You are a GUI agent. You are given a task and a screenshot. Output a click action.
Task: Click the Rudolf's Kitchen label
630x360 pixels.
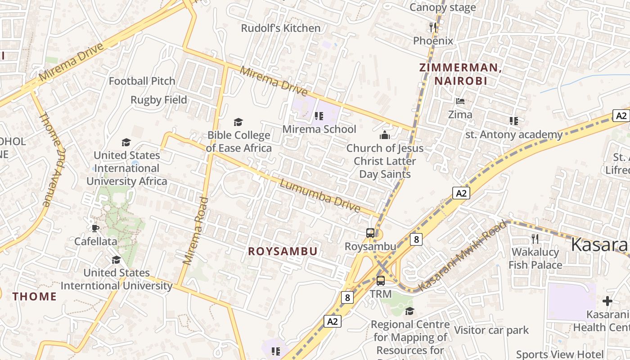pos(281,28)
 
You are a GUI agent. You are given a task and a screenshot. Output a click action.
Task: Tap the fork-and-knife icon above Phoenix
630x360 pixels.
pos(433,27)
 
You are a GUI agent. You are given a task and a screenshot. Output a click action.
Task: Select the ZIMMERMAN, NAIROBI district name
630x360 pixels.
pos(460,74)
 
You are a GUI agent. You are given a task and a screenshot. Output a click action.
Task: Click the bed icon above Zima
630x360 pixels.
pos(460,101)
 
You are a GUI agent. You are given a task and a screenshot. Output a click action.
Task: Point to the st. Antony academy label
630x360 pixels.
pos(513,135)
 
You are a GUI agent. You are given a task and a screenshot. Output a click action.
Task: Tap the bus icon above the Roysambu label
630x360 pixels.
pos(370,233)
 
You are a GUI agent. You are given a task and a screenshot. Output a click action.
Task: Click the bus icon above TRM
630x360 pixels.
pos(381,281)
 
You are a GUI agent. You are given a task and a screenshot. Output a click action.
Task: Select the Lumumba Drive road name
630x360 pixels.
pos(320,196)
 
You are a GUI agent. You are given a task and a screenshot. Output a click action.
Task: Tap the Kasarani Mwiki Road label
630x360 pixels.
pos(462,255)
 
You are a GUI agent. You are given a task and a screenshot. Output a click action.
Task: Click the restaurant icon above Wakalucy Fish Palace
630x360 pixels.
pos(535,238)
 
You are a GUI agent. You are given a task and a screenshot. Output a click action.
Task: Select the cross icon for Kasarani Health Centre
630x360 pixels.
pos(607,301)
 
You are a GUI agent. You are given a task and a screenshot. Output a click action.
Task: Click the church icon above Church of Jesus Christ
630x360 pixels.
pos(385,135)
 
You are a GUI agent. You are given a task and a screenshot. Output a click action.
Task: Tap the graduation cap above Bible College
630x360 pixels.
pos(238,122)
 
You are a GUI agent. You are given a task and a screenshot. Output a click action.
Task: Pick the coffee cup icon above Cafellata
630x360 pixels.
pos(95,228)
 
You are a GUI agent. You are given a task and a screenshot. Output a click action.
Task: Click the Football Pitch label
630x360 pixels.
pos(142,81)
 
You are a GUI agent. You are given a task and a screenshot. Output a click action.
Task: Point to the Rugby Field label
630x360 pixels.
pos(158,100)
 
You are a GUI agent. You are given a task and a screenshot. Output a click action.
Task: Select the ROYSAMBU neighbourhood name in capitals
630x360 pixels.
pos(283,252)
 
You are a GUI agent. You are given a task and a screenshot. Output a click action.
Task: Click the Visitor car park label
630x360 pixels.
pos(491,330)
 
